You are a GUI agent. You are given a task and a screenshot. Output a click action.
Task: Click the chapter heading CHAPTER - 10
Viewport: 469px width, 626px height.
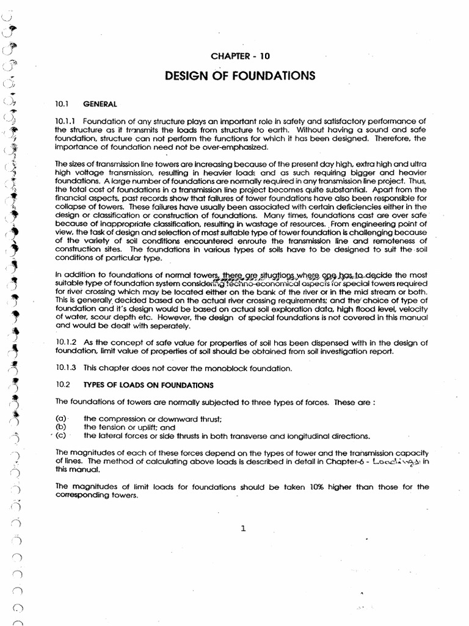click(x=240, y=56)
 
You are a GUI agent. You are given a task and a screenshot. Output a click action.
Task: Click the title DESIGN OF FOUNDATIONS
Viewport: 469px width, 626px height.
click(x=240, y=76)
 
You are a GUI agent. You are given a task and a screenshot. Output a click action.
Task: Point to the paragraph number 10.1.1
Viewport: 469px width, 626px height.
click(x=65, y=121)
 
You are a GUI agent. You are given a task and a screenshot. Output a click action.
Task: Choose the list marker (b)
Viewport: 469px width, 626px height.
click(x=60, y=427)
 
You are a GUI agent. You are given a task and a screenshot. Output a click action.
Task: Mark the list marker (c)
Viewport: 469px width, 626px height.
click(x=60, y=436)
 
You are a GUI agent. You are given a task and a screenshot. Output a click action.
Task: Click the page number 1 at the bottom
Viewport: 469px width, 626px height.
click(x=243, y=529)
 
